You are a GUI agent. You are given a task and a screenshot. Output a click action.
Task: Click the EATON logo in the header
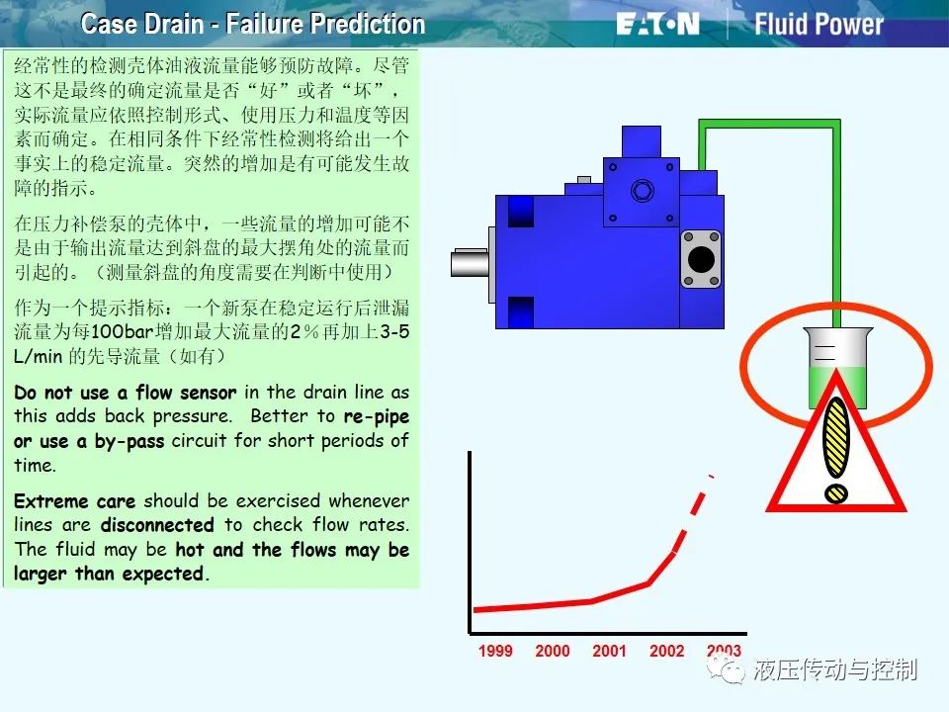658,25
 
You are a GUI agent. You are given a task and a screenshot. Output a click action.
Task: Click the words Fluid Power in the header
819,24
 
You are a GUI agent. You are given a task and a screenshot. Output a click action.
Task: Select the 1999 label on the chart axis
495,651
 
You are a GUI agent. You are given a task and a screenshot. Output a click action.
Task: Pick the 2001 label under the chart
609,651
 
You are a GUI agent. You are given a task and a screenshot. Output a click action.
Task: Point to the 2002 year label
666,651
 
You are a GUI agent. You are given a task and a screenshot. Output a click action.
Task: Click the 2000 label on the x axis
552,651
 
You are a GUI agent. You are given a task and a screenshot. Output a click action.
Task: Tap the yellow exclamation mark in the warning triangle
836,449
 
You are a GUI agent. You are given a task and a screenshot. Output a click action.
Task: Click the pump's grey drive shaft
471,263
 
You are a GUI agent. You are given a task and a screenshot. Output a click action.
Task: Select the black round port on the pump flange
701,259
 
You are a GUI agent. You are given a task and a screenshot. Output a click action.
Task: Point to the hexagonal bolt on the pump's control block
642,191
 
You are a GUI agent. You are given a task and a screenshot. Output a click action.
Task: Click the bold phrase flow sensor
186,393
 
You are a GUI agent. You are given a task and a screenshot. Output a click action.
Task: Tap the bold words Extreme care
74,501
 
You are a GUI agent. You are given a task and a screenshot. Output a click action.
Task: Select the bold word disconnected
157,525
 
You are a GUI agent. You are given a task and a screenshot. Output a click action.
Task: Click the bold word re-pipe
377,417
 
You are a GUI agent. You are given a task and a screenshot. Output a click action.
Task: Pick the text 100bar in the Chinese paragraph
123,332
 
